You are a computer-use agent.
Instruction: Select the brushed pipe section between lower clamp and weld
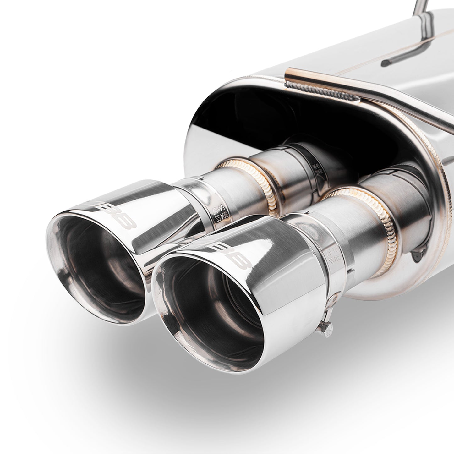click(358, 239)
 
